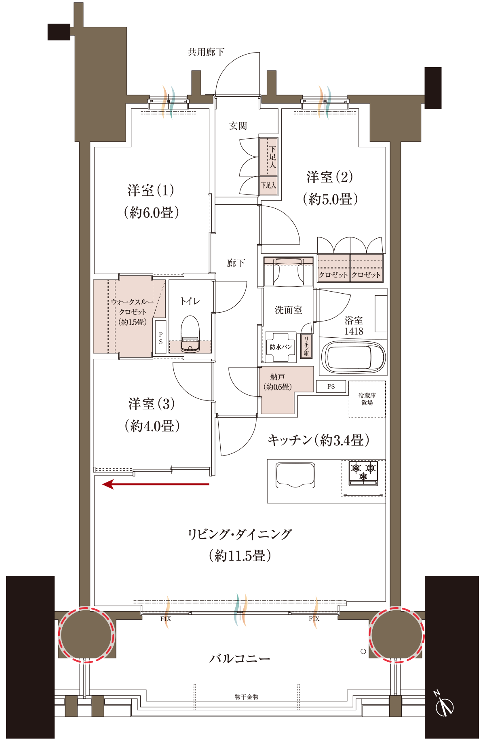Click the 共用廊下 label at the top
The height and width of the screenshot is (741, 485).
pyautogui.click(x=206, y=52)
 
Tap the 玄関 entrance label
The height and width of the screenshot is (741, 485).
pyautogui.click(x=238, y=126)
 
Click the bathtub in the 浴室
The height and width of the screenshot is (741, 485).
pyautogui.click(x=353, y=356)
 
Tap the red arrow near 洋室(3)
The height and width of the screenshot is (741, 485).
pyautogui.click(x=156, y=484)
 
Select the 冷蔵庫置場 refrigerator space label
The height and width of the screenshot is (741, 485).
pyautogui.click(x=367, y=399)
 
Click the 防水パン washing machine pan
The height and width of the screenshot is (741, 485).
pyautogui.click(x=280, y=347)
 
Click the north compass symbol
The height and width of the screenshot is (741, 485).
pyautogui.click(x=444, y=705)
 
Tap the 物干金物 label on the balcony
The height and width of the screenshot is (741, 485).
pyautogui.click(x=247, y=697)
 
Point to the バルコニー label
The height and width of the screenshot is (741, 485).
pyautogui.click(x=240, y=659)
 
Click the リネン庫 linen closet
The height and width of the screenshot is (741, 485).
pyautogui.click(x=306, y=346)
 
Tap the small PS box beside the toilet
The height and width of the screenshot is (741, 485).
pyautogui.click(x=160, y=337)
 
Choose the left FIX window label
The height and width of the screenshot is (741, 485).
pyautogui.click(x=166, y=619)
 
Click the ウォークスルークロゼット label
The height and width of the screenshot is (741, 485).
pyautogui.click(x=133, y=312)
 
